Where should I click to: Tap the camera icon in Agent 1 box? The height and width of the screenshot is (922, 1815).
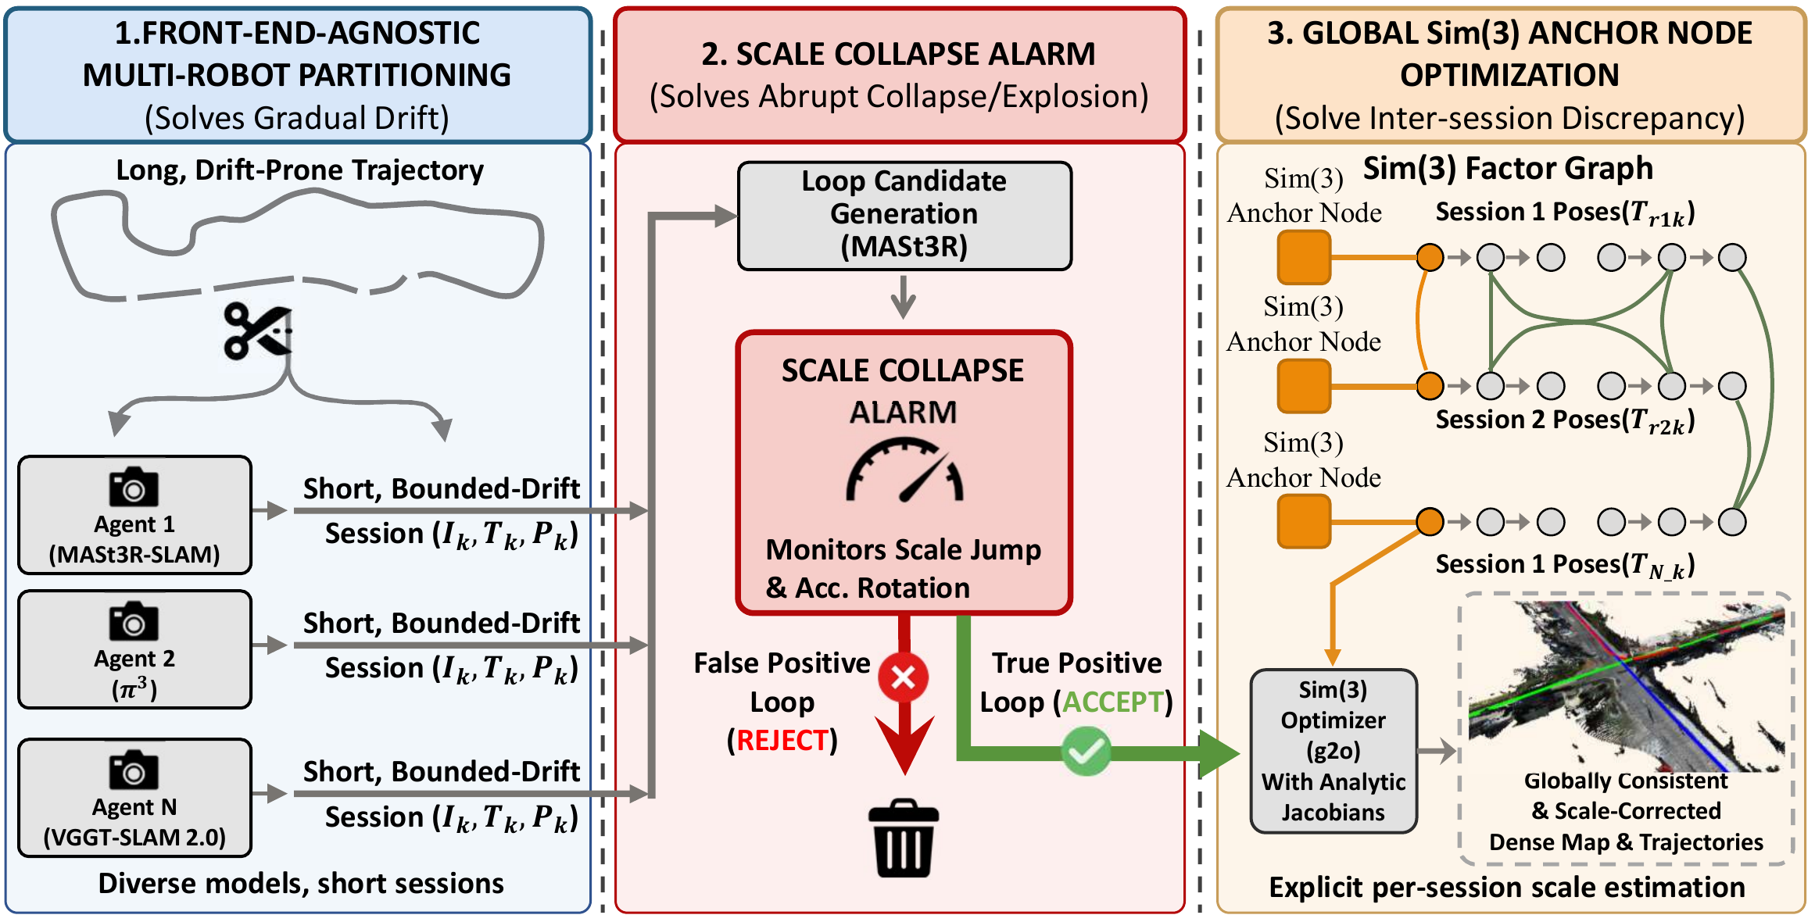click(134, 488)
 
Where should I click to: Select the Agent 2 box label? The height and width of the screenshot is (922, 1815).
click(134, 659)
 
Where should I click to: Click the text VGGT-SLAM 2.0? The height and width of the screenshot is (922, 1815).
click(134, 838)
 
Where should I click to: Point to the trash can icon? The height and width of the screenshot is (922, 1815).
click(904, 838)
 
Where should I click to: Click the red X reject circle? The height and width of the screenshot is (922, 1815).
click(903, 677)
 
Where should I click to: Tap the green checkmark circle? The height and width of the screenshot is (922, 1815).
click(1086, 752)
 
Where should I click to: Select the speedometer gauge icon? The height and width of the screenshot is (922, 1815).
click(904, 471)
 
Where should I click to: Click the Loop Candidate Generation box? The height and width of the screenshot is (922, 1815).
click(904, 215)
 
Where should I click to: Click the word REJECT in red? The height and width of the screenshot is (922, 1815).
click(782, 740)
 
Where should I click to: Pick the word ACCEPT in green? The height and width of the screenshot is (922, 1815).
click(1113, 702)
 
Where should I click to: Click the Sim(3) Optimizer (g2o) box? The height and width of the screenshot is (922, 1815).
click(1333, 750)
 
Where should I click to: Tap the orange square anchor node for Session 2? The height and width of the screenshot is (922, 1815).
click(1304, 386)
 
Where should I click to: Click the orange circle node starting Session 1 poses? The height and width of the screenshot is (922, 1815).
click(1430, 257)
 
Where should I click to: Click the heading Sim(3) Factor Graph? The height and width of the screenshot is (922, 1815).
click(1508, 169)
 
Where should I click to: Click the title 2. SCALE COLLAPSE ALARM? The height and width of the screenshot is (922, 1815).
click(898, 54)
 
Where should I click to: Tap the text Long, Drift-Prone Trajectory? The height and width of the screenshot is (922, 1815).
click(299, 170)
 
